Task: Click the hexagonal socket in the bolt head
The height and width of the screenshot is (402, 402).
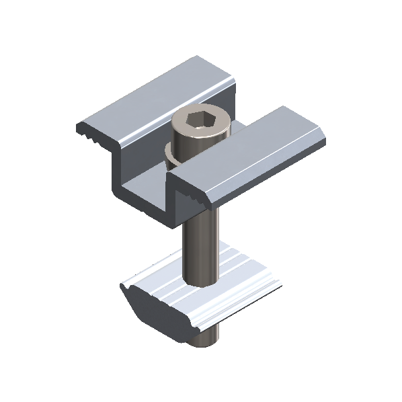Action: click(x=200, y=121)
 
